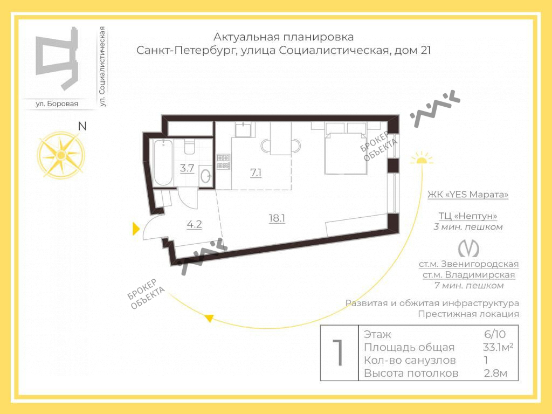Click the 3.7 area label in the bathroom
(x=187, y=168)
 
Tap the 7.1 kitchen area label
(x=256, y=172)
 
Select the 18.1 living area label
(x=277, y=218)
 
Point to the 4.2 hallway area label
(x=194, y=224)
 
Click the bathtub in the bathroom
(x=163, y=162)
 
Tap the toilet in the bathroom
(x=189, y=147)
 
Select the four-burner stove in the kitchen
(x=224, y=161)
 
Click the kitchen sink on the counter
(x=243, y=129)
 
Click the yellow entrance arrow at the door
(x=136, y=229)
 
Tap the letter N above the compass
(x=82, y=126)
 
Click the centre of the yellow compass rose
(x=61, y=155)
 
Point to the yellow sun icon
(x=422, y=158)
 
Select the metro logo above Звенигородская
(x=468, y=248)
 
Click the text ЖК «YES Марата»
(x=468, y=194)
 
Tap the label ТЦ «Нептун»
(x=468, y=216)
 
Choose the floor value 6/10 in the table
(x=495, y=334)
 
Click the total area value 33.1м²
(x=498, y=347)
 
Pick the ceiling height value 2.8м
(x=495, y=373)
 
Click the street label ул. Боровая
(x=57, y=104)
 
